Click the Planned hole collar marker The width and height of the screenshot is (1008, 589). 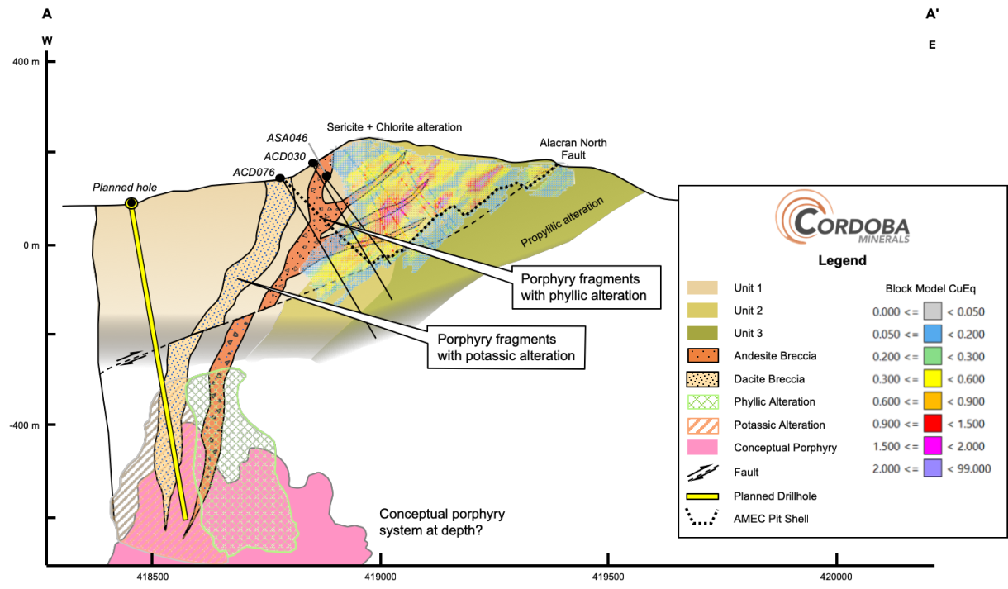pos(131,203)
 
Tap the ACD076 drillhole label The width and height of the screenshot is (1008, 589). pos(254,173)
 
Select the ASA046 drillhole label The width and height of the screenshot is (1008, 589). pos(287,138)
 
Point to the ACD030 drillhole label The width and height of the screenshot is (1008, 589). pos(284,157)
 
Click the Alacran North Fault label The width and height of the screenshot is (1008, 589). pos(573,149)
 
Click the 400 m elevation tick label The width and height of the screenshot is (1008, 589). pos(26,62)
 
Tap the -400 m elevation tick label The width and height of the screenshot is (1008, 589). pos(24,425)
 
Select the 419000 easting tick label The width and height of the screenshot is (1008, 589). pos(380,577)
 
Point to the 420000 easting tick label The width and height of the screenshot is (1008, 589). pos(836,577)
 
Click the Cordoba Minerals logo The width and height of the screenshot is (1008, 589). pos(842,217)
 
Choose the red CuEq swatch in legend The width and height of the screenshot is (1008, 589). pos(932,424)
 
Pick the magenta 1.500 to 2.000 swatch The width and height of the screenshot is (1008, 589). pos(932,446)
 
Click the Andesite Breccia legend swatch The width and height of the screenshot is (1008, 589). pos(703,355)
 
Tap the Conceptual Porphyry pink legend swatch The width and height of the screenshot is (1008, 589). pos(703,447)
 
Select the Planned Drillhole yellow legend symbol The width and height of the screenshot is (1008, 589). pos(703,496)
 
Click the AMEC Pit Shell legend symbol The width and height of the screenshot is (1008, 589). pos(702,517)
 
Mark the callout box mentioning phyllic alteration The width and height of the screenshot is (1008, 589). pos(587,287)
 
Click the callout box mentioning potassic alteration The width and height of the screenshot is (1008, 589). pos(506,348)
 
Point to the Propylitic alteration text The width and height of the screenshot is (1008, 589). pos(562,222)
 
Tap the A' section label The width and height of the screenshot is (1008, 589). pos(932,14)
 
